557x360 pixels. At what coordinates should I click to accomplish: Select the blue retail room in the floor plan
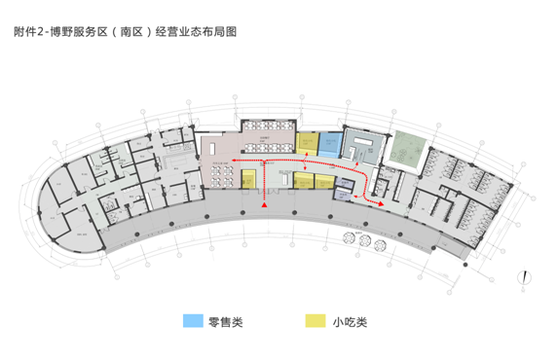tap(331, 143)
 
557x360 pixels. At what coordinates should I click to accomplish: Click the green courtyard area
tap(404, 147)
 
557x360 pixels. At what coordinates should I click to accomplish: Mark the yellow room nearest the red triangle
tap(249, 180)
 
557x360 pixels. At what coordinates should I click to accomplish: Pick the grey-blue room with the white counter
tap(365, 148)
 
